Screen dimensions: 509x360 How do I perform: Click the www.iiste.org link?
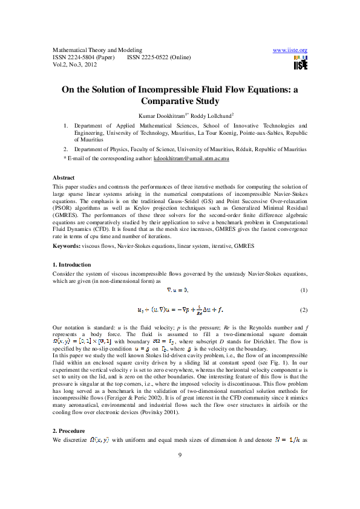[290, 50]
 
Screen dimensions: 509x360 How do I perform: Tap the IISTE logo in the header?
[301, 62]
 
